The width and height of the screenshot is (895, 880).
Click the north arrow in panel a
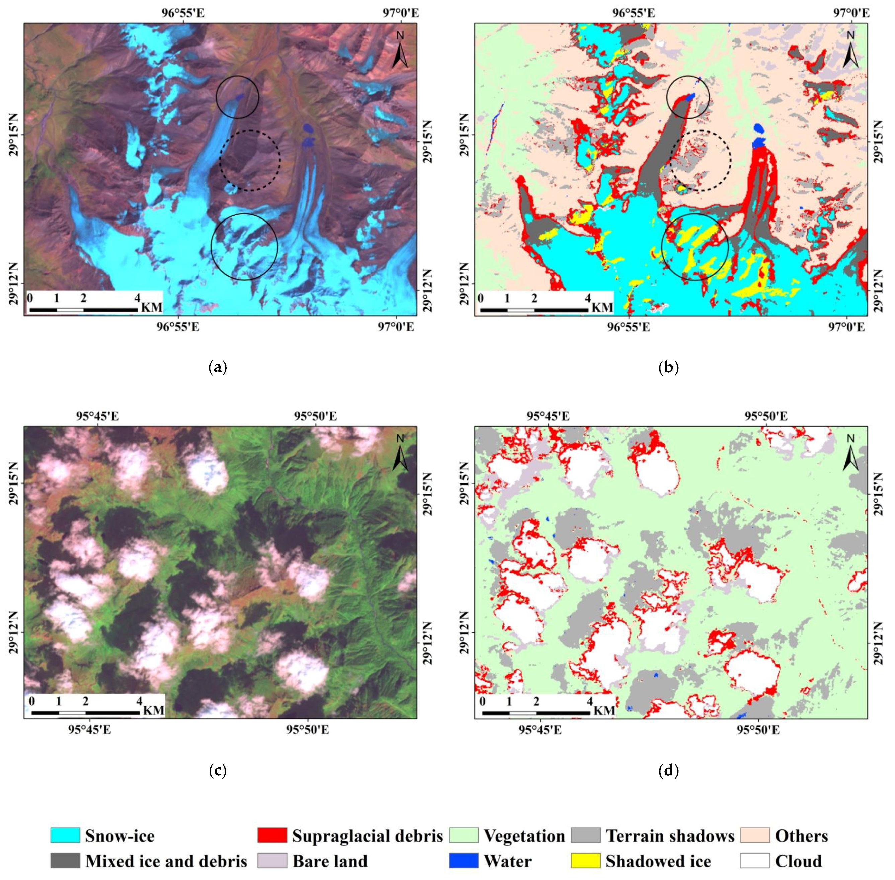[400, 51]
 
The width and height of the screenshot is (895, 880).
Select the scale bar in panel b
[535, 309]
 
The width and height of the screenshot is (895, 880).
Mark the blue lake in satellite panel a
[307, 128]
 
